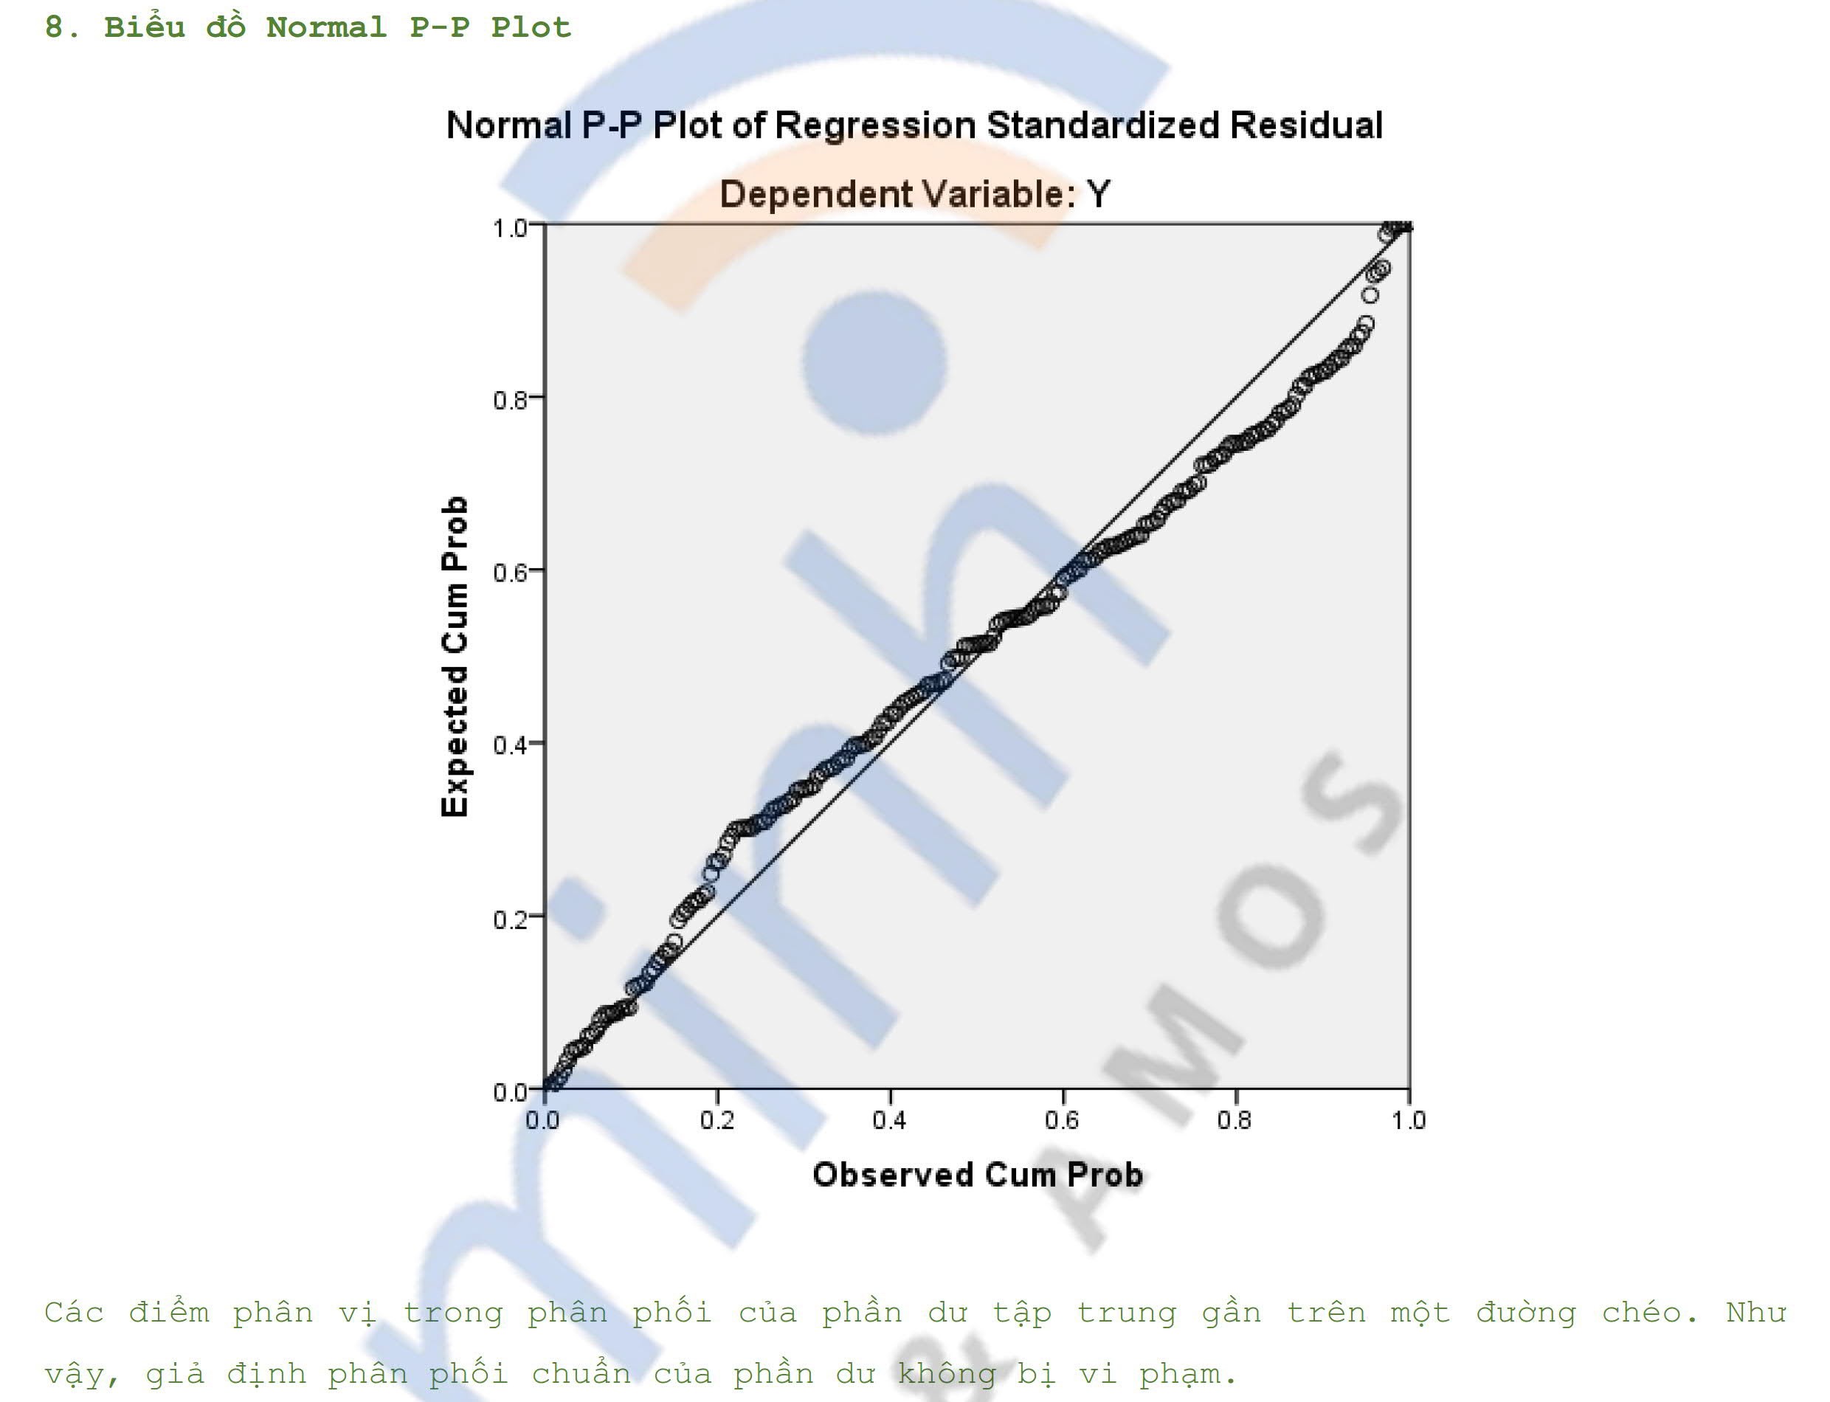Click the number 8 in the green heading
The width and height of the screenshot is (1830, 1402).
click(55, 27)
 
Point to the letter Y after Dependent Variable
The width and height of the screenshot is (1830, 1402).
click(1098, 195)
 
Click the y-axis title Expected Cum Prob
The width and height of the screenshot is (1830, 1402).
click(455, 657)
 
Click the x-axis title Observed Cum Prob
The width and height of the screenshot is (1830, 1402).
click(977, 1175)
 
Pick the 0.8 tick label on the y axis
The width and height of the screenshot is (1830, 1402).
click(511, 401)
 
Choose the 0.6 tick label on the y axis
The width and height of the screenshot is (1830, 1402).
click(511, 573)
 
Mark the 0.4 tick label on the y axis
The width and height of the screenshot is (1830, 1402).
click(511, 745)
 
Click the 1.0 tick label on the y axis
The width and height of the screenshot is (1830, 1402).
click(511, 228)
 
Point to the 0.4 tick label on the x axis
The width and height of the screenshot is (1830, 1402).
click(890, 1120)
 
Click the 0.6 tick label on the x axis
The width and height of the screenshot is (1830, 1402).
click(1063, 1120)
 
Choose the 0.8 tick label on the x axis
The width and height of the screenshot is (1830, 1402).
click(1235, 1120)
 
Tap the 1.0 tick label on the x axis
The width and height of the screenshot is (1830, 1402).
click(1408, 1120)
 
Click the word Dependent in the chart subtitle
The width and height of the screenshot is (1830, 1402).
click(815, 195)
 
